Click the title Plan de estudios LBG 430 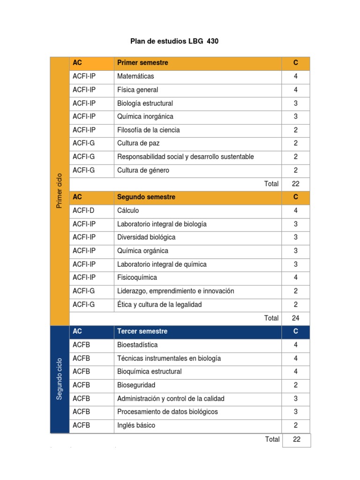pyautogui.click(x=174, y=41)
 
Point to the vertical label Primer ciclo pyautogui.click(x=59, y=190)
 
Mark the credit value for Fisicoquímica pyautogui.click(x=295, y=277)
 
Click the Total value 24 pyautogui.click(x=295, y=318)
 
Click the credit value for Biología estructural pyautogui.click(x=295, y=103)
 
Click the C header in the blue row pyautogui.click(x=295, y=331)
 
